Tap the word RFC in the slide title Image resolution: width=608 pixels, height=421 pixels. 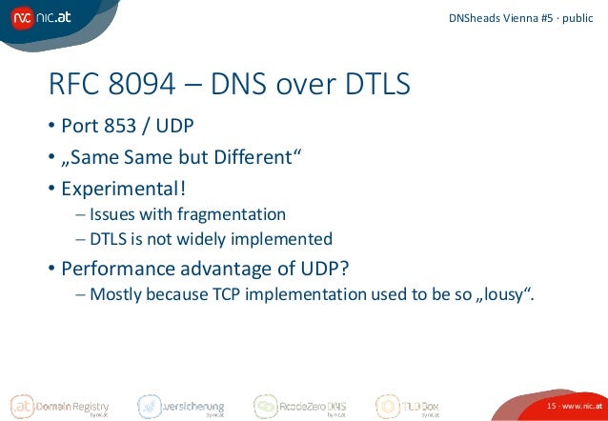tap(74, 85)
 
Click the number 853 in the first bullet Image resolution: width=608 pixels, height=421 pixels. tap(120, 127)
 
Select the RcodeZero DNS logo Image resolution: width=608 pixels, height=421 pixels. tap(299, 406)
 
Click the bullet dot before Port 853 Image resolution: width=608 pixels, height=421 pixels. tap(52, 128)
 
